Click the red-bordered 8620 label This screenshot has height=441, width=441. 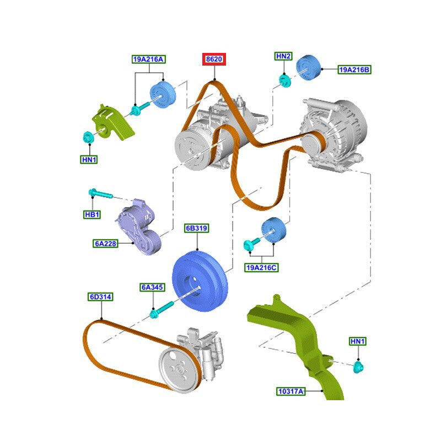pyautogui.click(x=214, y=60)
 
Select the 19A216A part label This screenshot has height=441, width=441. pyautogui.click(x=148, y=58)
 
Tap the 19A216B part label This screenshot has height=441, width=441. pyautogui.click(x=354, y=69)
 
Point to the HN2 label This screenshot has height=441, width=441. pyautogui.click(x=283, y=56)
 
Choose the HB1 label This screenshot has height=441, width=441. pyautogui.click(x=92, y=214)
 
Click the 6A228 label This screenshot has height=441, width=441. pyautogui.click(x=106, y=243)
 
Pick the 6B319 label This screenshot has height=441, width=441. pyautogui.click(x=197, y=228)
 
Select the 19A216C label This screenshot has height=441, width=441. pyautogui.click(x=261, y=267)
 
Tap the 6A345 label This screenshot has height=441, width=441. pyautogui.click(x=153, y=287)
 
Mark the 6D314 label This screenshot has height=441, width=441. pyautogui.click(x=100, y=297)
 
